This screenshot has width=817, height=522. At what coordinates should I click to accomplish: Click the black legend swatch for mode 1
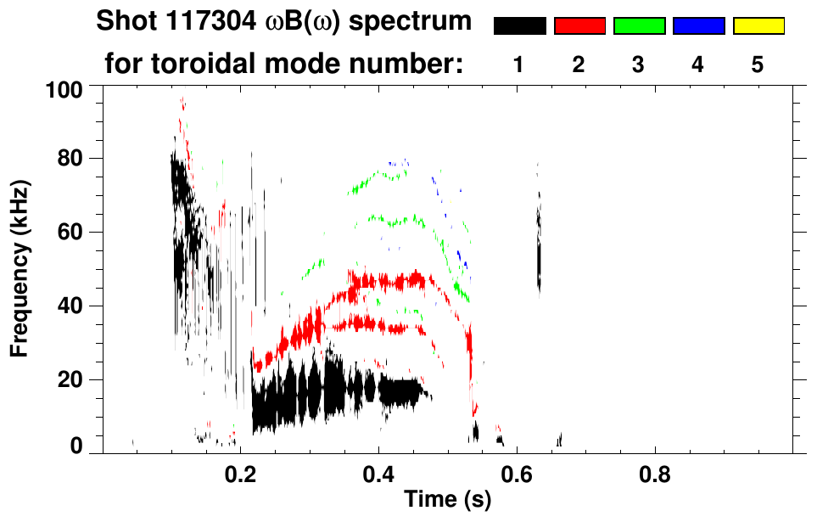(x=519, y=26)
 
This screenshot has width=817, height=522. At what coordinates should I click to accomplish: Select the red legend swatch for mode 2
(x=579, y=26)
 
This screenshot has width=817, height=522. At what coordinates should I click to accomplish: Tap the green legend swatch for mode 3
(x=639, y=26)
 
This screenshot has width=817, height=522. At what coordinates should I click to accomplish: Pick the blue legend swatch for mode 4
(x=698, y=26)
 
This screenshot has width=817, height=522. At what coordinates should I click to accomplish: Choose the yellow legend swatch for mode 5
(x=758, y=26)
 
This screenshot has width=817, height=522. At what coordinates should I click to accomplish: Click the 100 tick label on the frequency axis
(x=64, y=89)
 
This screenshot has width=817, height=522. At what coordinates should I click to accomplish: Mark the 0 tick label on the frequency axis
(x=76, y=445)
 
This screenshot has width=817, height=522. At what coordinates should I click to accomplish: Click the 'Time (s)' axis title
(x=446, y=500)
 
